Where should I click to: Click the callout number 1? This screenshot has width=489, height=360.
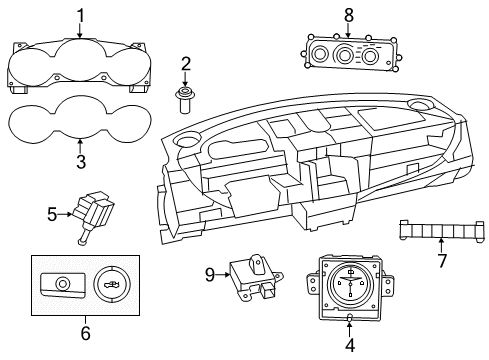[82, 15]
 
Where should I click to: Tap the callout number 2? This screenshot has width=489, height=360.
[185, 64]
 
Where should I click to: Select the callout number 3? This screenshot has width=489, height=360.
[82, 162]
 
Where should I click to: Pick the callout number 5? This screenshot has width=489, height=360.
[52, 213]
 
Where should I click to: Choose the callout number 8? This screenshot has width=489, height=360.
[348, 15]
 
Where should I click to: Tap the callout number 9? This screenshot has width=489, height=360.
[210, 272]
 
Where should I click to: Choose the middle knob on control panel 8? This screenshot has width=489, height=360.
[348, 56]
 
